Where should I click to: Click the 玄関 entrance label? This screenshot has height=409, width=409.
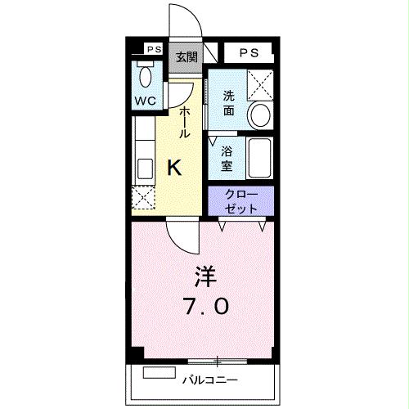pos(187,56)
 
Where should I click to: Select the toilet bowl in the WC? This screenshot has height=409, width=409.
pos(146,78)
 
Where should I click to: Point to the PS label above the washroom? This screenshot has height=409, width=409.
pos(249,52)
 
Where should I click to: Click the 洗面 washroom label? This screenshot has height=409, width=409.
pos(230,102)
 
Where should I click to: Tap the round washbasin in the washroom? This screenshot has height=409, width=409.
pos(260,115)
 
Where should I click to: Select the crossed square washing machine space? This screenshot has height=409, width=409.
pos(260,84)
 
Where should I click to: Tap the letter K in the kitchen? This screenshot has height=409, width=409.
pos(174,169)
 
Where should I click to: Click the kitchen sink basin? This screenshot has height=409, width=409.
pos(145,169)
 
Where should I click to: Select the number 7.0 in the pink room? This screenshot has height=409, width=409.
pos(204,307)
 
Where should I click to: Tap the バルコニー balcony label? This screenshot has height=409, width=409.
pos(210,380)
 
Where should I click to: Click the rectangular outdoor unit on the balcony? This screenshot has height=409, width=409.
pos(160,373)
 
